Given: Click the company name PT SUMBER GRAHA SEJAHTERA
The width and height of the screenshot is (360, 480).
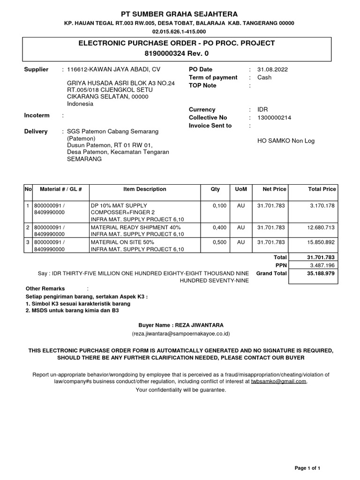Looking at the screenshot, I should click(x=180, y=14).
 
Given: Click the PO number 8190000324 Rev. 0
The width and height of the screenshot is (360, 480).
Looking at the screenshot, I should click(x=180, y=54).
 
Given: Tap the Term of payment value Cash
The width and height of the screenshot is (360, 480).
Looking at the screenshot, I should click(x=265, y=77).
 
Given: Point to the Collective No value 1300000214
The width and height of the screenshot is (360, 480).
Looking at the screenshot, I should click(x=274, y=118).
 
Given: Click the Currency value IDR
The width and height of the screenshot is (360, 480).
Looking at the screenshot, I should click(x=263, y=109).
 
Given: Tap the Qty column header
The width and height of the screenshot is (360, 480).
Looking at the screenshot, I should click(x=215, y=189).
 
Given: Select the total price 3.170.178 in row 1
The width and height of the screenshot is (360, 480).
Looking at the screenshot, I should click(x=323, y=206).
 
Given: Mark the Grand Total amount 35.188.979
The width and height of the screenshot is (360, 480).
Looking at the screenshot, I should click(x=320, y=273).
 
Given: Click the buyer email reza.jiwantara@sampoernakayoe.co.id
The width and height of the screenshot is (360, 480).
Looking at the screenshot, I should click(x=180, y=334).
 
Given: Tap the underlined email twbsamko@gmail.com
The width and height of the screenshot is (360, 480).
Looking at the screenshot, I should click(x=278, y=382).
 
